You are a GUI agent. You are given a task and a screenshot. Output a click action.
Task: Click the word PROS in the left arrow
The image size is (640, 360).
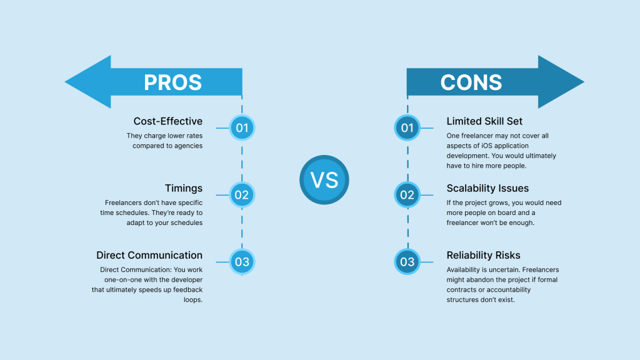[172, 82]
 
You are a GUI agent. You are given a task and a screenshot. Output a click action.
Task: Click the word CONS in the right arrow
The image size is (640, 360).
[471, 82]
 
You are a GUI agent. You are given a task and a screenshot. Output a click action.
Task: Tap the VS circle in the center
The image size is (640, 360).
[324, 179]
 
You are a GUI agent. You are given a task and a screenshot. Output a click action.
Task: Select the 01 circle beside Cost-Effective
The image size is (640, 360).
[242, 127]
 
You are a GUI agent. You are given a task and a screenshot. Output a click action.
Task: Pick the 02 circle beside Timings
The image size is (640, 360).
[242, 195]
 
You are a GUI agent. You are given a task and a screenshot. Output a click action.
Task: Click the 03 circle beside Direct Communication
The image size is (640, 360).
[242, 262]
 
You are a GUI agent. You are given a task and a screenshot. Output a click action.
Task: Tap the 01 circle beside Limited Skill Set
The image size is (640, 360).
[407, 127]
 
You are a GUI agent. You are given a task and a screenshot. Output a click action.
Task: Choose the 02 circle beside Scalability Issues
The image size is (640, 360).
[407, 195]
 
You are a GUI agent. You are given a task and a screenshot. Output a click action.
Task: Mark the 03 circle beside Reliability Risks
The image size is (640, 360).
[407, 262]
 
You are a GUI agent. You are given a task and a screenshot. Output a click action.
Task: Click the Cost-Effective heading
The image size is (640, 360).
[167, 121]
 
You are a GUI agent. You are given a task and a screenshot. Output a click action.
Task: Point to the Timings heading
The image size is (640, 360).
[184, 188]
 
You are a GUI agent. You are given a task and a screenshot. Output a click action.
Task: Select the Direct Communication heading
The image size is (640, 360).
[149, 255]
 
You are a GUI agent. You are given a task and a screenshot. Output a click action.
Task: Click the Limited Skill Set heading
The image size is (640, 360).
[484, 121]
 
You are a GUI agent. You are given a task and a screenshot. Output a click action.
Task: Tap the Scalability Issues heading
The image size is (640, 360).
[487, 188]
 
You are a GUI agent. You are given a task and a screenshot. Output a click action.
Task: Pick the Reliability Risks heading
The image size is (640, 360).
[483, 255]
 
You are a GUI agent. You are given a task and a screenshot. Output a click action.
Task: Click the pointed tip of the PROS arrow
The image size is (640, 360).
[65, 82]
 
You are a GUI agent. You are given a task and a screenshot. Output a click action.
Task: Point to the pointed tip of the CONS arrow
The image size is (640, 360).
[584, 82]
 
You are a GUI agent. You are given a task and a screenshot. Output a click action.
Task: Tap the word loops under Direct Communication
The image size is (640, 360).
[193, 300]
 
